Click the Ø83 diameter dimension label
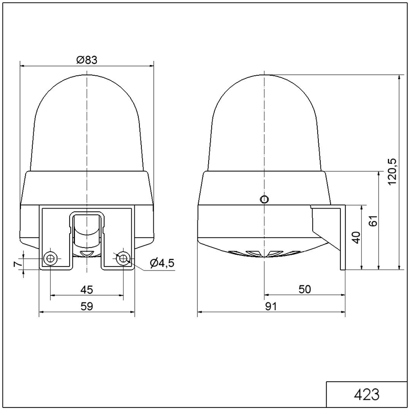pos(87,60)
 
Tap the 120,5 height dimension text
pos(392,172)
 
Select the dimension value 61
pos(374,221)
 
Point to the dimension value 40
pos(356,237)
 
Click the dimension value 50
pos(304,289)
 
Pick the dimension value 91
pos(271,306)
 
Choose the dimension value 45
pos(87,290)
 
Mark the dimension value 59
pos(87,306)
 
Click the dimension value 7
pos(17,264)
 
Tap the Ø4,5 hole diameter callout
pos(162,263)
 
